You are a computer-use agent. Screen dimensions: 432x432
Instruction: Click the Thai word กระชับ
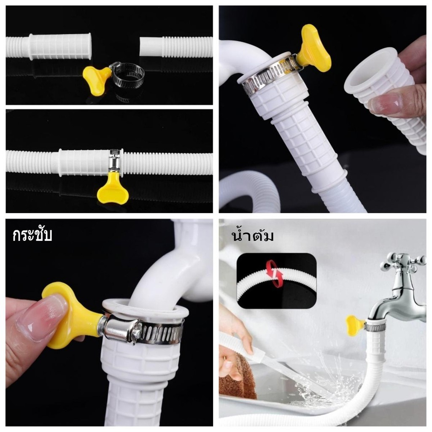[32, 235]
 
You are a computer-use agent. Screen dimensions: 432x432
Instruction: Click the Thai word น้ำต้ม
[253, 235]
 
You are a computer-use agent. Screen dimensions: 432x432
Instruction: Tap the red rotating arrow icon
[274, 274]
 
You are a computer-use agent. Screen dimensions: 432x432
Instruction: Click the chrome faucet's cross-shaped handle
[402, 262]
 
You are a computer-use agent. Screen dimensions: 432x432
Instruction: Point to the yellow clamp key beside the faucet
[353, 325]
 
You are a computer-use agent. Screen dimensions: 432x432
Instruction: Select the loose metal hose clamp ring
[127, 74]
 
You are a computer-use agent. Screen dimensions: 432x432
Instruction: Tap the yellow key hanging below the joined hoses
[113, 188]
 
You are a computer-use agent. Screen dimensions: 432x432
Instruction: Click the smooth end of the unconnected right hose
[151, 47]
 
